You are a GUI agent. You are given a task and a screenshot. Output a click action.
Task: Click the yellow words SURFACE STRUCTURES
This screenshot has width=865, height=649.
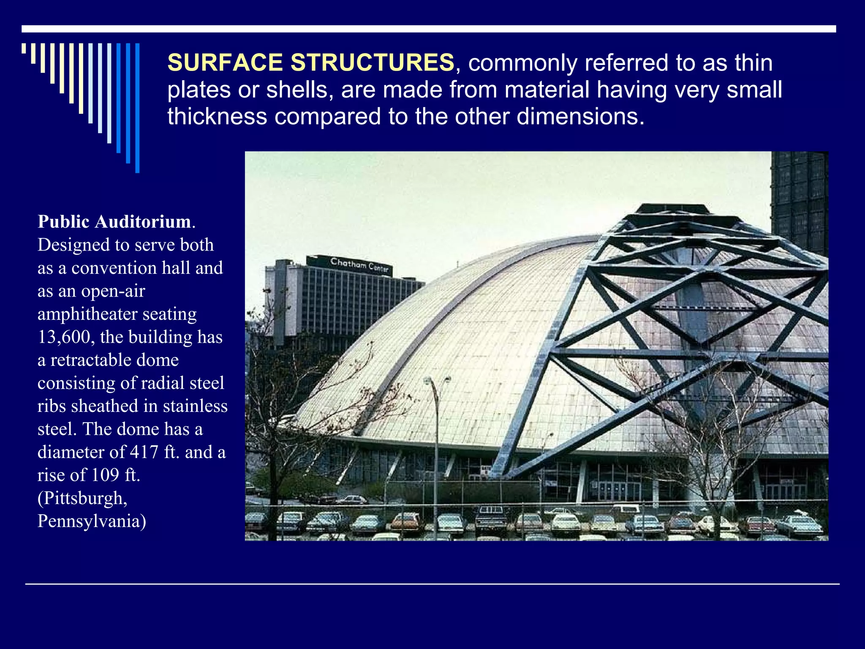pyautogui.click(x=310, y=63)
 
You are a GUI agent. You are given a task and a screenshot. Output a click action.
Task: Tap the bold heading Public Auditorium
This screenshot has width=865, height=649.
pyautogui.click(x=114, y=222)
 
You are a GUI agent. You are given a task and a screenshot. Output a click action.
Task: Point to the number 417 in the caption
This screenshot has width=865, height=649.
pyautogui.click(x=144, y=452)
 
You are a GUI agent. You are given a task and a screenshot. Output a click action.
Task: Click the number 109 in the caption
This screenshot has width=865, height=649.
pyautogui.click(x=105, y=475)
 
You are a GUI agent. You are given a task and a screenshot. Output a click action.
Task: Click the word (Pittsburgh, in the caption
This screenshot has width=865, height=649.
pyautogui.click(x=83, y=498)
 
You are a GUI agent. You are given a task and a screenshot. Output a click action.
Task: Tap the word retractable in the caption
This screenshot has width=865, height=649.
pyautogui.click(x=114, y=360)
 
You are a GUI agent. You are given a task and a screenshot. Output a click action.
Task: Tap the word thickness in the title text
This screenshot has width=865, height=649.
pyautogui.click(x=217, y=117)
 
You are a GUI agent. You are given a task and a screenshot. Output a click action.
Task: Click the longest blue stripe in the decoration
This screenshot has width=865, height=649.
pyautogui.click(x=137, y=108)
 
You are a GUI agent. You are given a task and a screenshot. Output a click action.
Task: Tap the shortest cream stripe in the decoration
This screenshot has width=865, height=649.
pyautogui.click(x=24, y=48)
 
